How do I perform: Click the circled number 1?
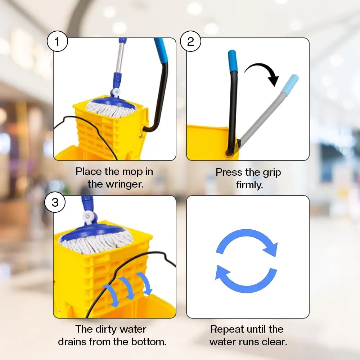coord(57,41)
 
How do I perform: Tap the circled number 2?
coord(190,41)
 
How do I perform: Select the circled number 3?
coord(55,202)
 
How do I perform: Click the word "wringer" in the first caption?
coord(116,184)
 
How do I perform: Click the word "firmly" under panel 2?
coord(249,185)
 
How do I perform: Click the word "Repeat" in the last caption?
coord(227,330)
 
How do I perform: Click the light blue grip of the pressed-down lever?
coord(290,84)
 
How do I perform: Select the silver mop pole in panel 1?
coord(120,58)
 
